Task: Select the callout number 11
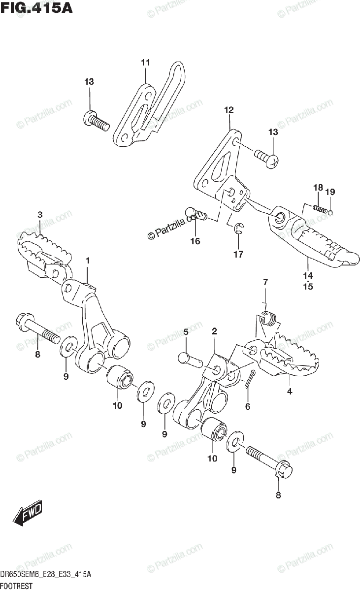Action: [x=145, y=63]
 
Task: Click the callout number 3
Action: [x=39, y=214]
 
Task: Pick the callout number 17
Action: [x=238, y=254]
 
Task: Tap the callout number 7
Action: [x=265, y=282]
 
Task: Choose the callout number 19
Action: [x=329, y=192]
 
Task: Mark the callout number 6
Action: [x=248, y=407]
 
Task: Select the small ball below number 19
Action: [x=330, y=213]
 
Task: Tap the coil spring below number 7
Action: [x=267, y=320]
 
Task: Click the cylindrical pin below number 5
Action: [x=189, y=359]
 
